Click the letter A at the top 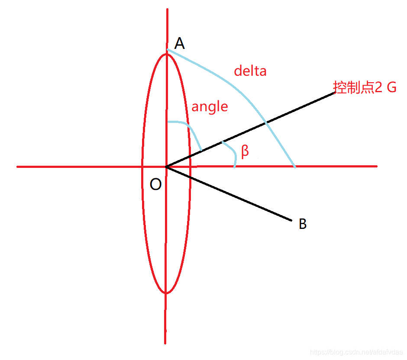pos(180,43)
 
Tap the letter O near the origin pos(155,185)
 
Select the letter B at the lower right pos(303,224)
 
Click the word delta pos(250,71)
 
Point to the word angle pos(210,106)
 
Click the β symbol pos(245,151)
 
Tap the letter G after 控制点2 pos(391,87)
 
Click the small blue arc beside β pos(232,151)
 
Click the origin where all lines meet pos(166,167)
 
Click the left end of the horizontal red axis pos(18,167)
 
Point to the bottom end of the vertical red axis pos(165,343)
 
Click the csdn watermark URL pos(357,353)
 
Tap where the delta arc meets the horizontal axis pos(295,166)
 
